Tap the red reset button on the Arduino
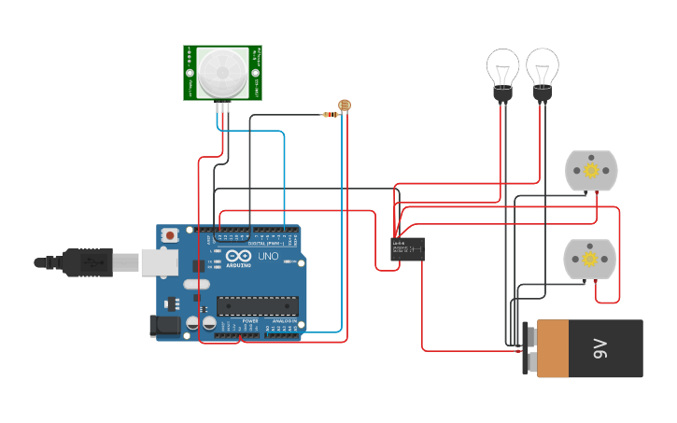pyautogui.click(x=169, y=236)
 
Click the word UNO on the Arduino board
pyautogui.click(x=267, y=256)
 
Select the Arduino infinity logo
pyautogui.click(x=238, y=256)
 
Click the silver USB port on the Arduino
pyautogui.click(x=159, y=262)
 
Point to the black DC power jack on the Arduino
pyautogui.click(x=164, y=325)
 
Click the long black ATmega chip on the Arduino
pyautogui.click(x=258, y=305)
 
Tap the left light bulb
pyautogui.click(x=502, y=70)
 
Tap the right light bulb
pyautogui.click(x=542, y=70)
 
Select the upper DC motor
pyautogui.click(x=591, y=171)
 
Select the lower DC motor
pyautogui.click(x=589, y=260)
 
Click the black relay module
pyautogui.click(x=407, y=248)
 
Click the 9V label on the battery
pyautogui.click(x=600, y=349)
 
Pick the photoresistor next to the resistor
pyautogui.click(x=344, y=106)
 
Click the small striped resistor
pyautogui.click(x=330, y=114)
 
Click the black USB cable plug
pyautogui.click(x=89, y=263)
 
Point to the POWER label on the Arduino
pyautogui.click(x=250, y=321)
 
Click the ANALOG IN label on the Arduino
pyautogui.click(x=286, y=321)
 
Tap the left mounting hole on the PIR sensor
pyautogui.click(x=190, y=72)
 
